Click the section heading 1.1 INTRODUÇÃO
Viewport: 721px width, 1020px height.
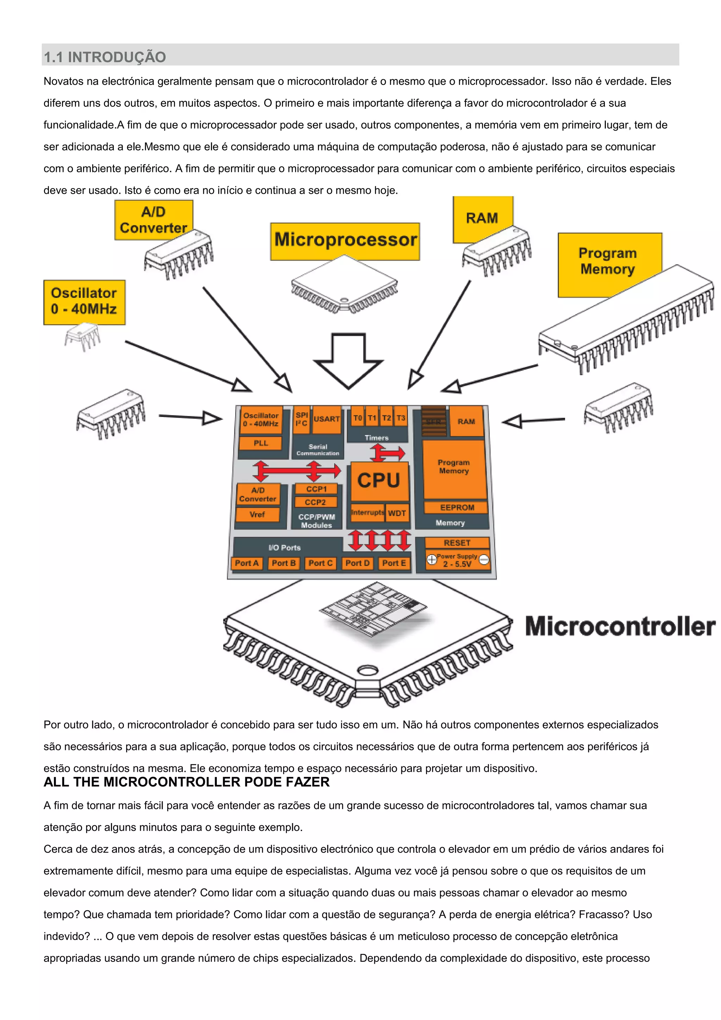(x=105, y=57)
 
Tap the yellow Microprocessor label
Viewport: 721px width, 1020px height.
(x=345, y=240)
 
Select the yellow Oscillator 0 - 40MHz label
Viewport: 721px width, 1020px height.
(x=84, y=301)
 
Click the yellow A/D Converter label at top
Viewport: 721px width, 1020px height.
(x=153, y=219)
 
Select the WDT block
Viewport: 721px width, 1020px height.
(x=397, y=513)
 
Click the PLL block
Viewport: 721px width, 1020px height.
(x=261, y=443)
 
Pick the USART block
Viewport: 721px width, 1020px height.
(x=327, y=419)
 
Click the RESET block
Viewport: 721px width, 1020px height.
(x=457, y=543)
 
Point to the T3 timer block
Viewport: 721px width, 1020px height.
(x=401, y=418)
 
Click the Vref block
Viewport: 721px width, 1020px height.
(x=257, y=515)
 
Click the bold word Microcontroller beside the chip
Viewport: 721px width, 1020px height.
(x=620, y=626)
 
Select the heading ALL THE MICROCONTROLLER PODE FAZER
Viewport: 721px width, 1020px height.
(x=187, y=782)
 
